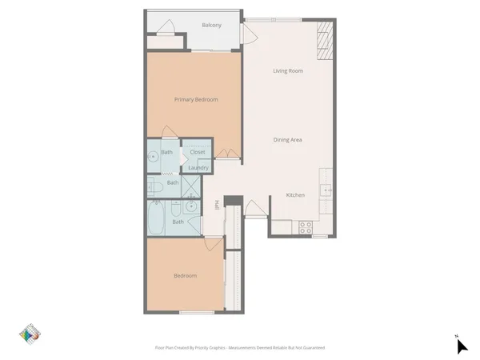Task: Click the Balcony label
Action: (x=189, y=25)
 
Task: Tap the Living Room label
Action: (x=288, y=71)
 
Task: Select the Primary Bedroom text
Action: (x=196, y=99)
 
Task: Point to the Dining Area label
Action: (x=287, y=140)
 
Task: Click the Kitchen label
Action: (x=296, y=197)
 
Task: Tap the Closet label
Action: (x=197, y=152)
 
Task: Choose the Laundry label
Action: (x=198, y=168)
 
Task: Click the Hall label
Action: (x=217, y=207)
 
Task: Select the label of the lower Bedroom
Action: (x=186, y=276)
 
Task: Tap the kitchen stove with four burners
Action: (x=306, y=227)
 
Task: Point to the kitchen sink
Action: (x=326, y=190)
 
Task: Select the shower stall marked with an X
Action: (x=192, y=186)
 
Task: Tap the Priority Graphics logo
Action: (x=30, y=336)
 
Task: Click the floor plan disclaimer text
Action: (x=239, y=348)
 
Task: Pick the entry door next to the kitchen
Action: (x=256, y=208)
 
